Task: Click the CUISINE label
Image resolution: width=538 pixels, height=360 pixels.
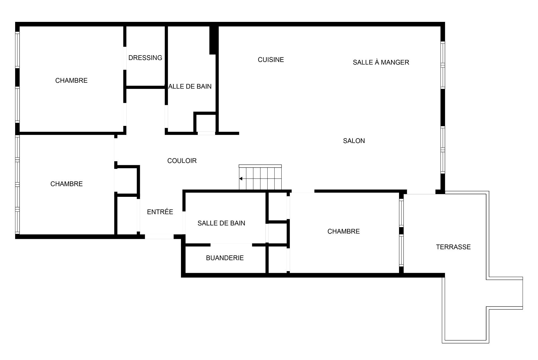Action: (x=271, y=60)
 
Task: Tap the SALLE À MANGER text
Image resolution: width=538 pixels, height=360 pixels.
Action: (x=381, y=62)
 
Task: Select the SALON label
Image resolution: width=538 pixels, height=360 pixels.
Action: (x=354, y=141)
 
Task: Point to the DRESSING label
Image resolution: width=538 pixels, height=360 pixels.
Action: (x=145, y=58)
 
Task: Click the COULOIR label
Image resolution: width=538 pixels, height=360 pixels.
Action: (x=182, y=161)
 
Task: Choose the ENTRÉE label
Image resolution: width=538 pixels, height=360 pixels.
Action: (x=160, y=212)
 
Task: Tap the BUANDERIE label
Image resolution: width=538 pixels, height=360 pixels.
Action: (x=225, y=258)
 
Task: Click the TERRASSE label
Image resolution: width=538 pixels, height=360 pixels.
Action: (x=453, y=247)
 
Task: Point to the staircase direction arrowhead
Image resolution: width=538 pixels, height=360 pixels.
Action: (x=241, y=179)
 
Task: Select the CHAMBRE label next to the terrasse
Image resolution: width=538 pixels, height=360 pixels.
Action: (x=344, y=231)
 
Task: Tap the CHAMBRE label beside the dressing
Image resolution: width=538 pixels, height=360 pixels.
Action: (x=71, y=80)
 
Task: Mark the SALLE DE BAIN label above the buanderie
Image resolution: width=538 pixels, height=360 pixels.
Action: (x=221, y=223)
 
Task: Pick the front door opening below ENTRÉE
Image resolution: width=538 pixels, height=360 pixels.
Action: (x=159, y=237)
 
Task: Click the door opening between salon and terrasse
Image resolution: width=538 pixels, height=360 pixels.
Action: (x=419, y=192)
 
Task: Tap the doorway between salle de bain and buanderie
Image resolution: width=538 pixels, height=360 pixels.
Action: (x=231, y=245)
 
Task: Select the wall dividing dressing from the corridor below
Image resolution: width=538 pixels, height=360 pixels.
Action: (x=145, y=87)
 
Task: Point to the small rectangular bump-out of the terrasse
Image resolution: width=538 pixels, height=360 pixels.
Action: (x=505, y=293)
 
